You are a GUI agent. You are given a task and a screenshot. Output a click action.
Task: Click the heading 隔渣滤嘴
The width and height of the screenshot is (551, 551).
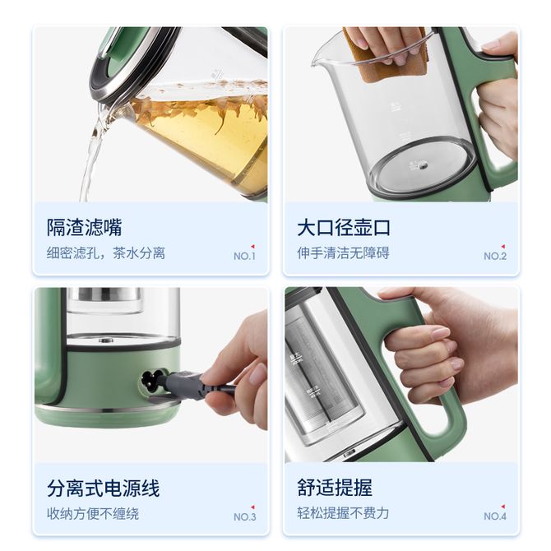pyautogui.click(x=85, y=227)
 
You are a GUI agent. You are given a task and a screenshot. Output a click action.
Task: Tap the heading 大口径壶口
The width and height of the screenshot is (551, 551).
pyautogui.click(x=344, y=227)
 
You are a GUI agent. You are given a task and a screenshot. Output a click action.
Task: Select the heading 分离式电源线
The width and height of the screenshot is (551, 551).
pyautogui.click(x=104, y=488)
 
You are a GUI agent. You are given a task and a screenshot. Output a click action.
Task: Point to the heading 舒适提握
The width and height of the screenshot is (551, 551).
pyautogui.click(x=335, y=488)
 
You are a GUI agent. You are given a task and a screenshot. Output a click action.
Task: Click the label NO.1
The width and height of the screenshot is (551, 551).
pyautogui.click(x=244, y=256)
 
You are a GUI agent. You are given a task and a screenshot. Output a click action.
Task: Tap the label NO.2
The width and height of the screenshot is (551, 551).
pyautogui.click(x=495, y=256)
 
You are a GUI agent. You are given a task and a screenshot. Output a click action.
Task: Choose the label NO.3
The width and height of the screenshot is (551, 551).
pyautogui.click(x=245, y=517)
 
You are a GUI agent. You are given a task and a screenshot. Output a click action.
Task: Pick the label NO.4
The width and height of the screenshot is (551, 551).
pyautogui.click(x=495, y=516)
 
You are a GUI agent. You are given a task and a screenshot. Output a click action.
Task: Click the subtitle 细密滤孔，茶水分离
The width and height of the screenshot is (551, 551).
pyautogui.click(x=106, y=253)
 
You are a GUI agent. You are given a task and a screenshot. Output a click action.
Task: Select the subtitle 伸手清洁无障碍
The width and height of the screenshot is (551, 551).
pyautogui.click(x=343, y=253)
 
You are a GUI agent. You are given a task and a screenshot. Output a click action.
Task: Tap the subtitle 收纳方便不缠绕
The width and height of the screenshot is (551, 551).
pyautogui.click(x=93, y=514)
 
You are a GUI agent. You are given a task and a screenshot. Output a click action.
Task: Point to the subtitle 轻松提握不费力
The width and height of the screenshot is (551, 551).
pyautogui.click(x=343, y=513)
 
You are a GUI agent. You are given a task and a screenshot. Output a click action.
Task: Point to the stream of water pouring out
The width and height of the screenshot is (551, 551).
pyautogui.click(x=92, y=155)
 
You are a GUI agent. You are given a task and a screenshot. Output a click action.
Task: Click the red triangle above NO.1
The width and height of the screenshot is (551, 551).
pyautogui.click(x=252, y=247)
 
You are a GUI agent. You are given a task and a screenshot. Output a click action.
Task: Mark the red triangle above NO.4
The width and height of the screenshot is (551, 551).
pyautogui.click(x=503, y=507)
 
